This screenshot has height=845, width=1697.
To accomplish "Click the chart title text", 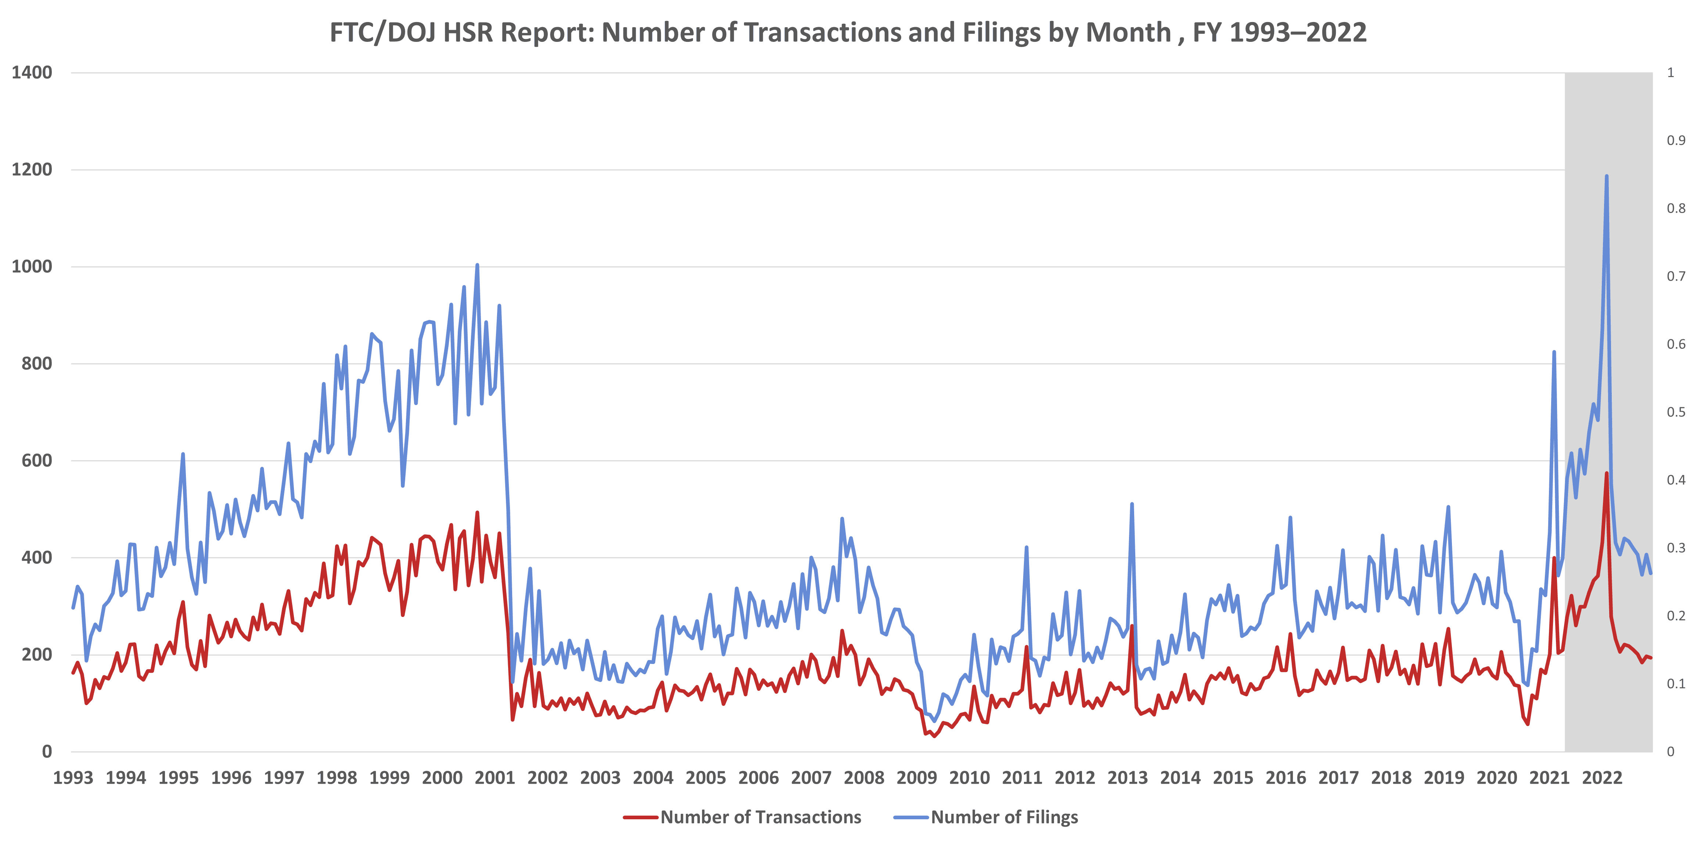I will pyautogui.click(x=848, y=32).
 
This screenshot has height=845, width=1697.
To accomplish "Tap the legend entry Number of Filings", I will pyautogui.click(x=1004, y=817).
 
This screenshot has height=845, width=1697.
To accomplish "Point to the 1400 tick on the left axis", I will pyautogui.click(x=32, y=72).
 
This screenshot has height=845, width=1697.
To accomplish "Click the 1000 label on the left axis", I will pyautogui.click(x=32, y=267).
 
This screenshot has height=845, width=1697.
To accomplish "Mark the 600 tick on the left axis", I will pyautogui.click(x=36, y=461).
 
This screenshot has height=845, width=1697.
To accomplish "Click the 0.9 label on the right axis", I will pyautogui.click(x=1675, y=140).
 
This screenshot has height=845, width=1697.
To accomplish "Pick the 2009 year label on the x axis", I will pyautogui.click(x=916, y=778).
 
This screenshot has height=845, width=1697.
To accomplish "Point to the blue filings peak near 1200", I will pyautogui.click(x=1606, y=176).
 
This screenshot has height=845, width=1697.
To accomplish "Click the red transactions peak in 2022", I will pyautogui.click(x=1606, y=473).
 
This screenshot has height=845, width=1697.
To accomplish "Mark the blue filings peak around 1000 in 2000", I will pyautogui.click(x=477, y=266).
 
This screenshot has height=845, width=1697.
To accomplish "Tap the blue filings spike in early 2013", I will pyautogui.click(x=1132, y=505).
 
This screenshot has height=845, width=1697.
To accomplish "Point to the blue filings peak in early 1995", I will pyautogui.click(x=183, y=454).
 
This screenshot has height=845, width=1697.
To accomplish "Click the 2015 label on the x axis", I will pyautogui.click(x=1233, y=778).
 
